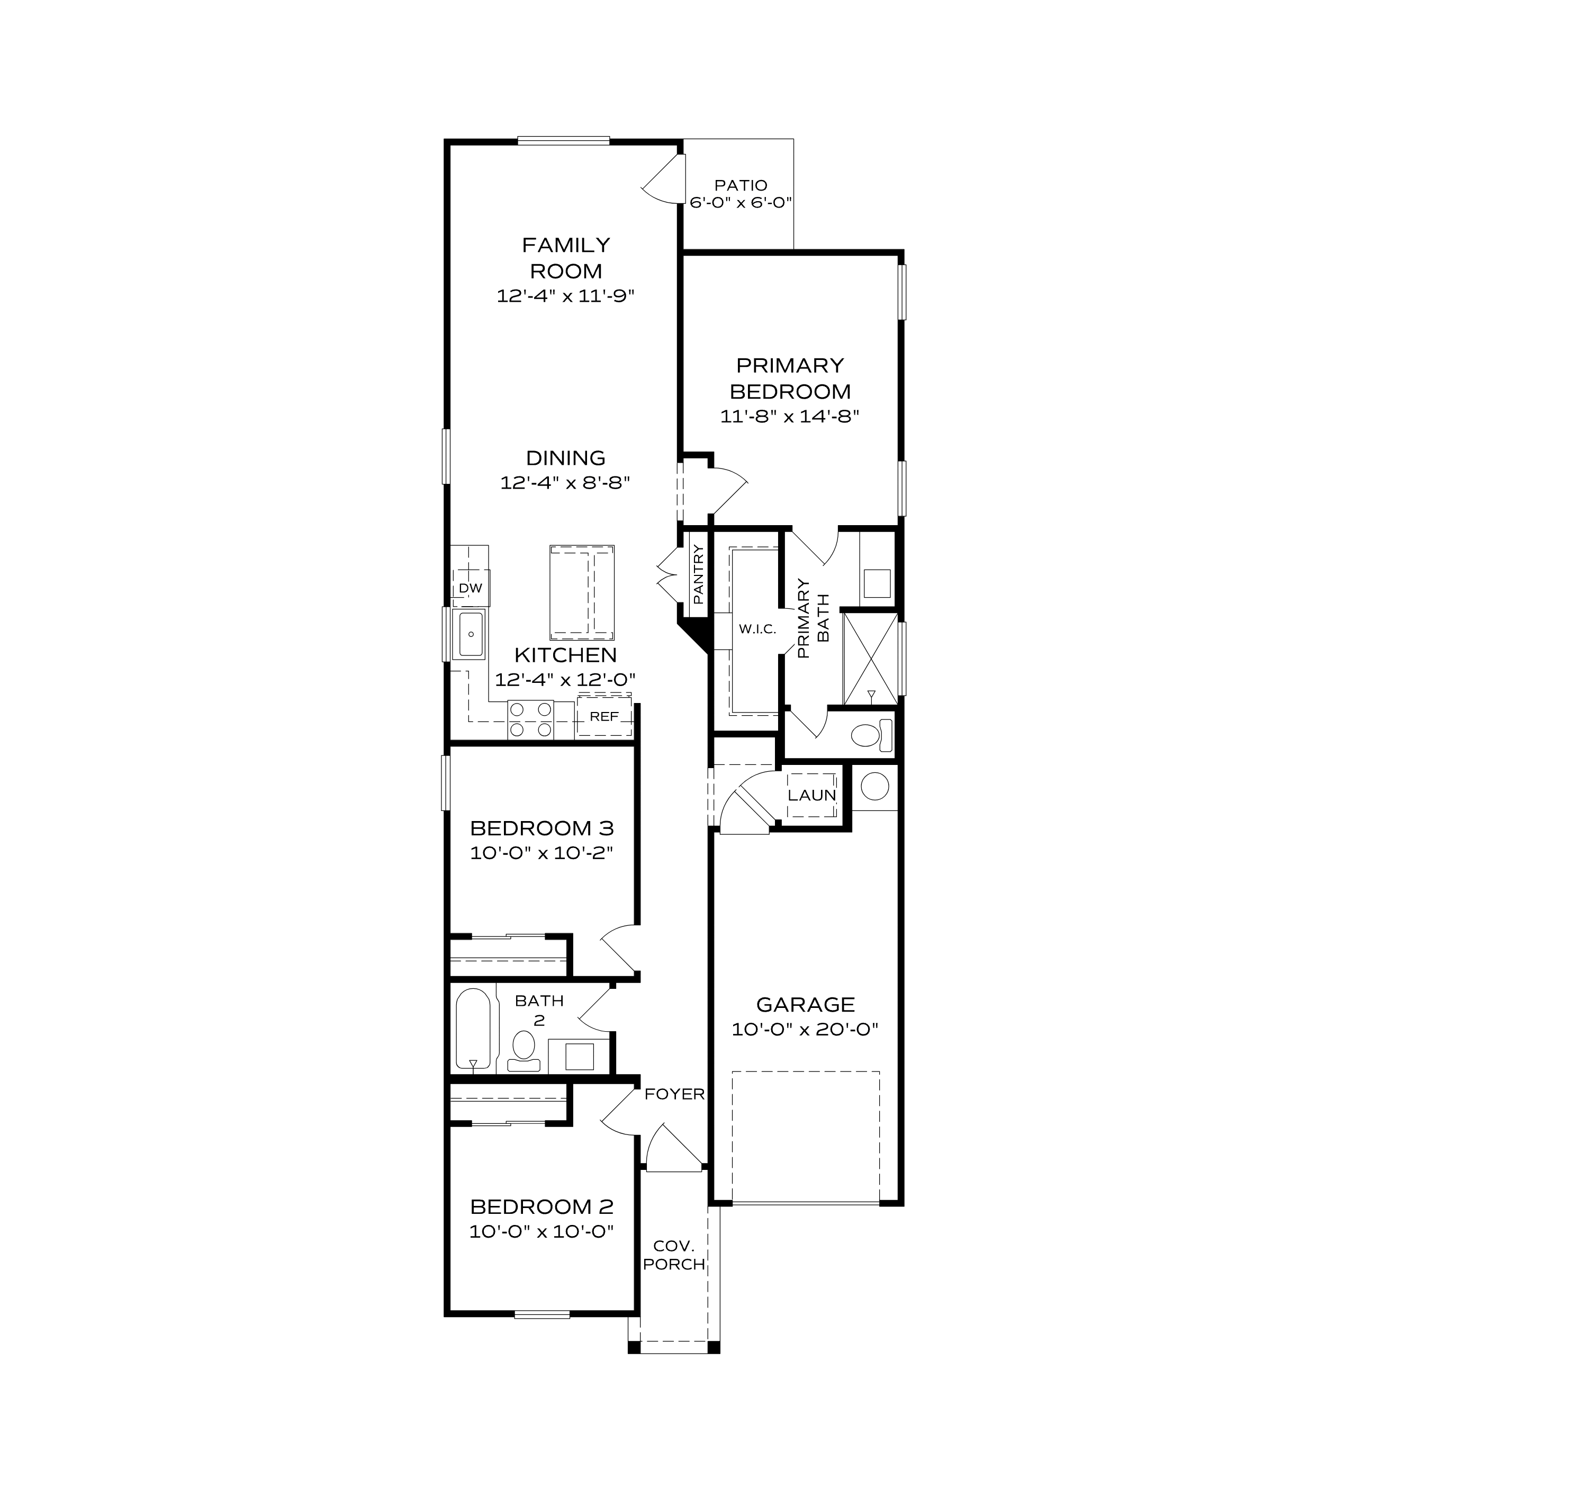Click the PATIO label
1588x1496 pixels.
741,185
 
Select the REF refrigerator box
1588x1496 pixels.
604,716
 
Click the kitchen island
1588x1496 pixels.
582,592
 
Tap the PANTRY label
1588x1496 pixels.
697,573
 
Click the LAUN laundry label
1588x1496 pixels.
811,796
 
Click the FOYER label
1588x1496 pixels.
674,1094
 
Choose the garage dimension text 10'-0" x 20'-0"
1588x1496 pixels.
805,1029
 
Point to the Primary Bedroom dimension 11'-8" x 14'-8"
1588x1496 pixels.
789,416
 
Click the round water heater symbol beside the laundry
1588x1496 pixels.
874,786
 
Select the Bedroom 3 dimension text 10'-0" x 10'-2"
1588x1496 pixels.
541,852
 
